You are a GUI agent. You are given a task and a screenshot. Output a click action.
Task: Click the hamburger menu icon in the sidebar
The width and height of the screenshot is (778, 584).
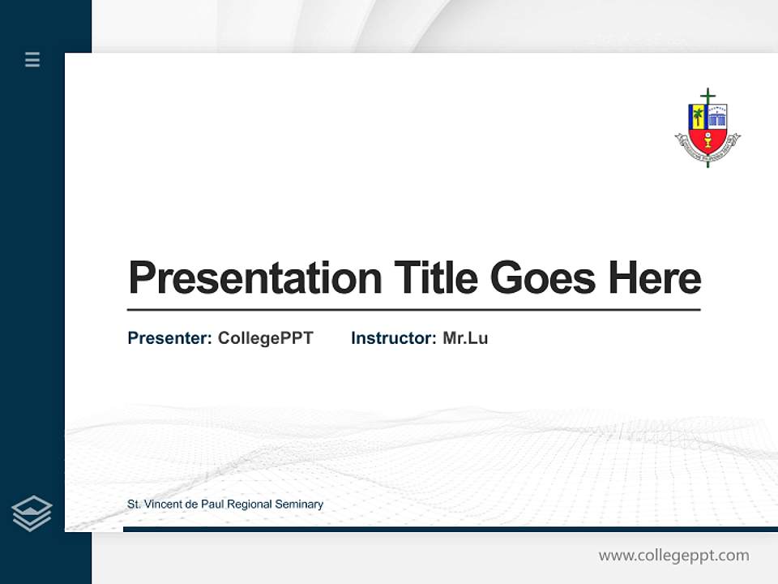32,59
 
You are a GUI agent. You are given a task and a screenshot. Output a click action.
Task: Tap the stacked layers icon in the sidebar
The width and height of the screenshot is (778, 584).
32,513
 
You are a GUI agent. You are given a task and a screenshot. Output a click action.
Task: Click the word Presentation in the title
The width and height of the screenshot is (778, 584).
254,278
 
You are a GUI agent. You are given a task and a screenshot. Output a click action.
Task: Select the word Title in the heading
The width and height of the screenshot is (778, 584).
435,277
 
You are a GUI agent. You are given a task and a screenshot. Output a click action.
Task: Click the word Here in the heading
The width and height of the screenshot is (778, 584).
654,277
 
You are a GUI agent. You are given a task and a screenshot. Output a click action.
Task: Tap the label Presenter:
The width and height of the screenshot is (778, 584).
169,338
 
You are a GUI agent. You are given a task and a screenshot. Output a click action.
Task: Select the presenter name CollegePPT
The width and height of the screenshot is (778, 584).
265,338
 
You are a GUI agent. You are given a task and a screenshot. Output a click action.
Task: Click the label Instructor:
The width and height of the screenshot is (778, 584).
393,338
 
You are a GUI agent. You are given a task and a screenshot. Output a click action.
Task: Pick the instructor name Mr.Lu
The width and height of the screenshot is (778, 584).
465,338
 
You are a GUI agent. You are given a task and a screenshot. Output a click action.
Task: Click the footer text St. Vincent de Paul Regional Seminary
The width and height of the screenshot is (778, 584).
225,505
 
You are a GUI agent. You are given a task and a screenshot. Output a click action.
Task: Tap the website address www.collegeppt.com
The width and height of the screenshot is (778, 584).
673,556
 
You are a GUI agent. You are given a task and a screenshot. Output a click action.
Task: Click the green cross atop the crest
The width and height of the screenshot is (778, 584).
707,97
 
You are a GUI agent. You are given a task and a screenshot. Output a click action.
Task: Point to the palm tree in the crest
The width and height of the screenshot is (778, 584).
696,117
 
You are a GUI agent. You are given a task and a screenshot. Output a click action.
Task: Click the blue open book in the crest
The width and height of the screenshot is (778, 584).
717,119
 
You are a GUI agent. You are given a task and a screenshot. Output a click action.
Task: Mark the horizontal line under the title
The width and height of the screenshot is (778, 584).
413,310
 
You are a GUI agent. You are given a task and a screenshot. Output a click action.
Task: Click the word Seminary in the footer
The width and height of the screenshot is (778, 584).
301,505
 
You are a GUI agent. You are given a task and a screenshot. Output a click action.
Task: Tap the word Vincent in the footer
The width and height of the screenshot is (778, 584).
161,505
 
